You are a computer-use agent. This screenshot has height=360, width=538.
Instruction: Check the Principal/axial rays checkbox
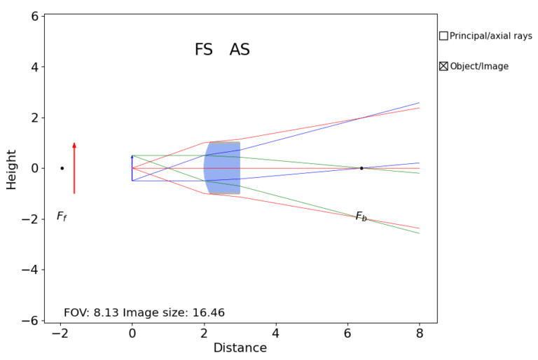(443, 36)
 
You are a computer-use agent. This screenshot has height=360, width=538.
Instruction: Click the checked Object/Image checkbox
(443, 67)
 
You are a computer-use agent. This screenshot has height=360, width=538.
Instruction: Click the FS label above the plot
(203, 50)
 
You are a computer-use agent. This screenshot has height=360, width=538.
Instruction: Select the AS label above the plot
(240, 50)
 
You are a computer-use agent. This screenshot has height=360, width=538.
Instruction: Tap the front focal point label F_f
(62, 216)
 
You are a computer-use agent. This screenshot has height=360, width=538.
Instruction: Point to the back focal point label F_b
(361, 216)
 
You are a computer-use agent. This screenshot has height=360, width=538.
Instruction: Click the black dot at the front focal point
(62, 168)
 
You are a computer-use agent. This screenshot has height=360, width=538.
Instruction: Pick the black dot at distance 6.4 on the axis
(361, 168)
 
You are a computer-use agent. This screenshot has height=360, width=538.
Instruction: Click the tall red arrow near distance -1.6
(74, 168)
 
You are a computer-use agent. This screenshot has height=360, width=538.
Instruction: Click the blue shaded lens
(223, 168)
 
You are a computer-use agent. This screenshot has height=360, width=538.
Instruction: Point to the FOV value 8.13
(106, 313)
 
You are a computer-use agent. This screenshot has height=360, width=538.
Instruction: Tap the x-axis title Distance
(240, 348)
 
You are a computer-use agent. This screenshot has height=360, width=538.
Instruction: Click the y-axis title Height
(11, 168)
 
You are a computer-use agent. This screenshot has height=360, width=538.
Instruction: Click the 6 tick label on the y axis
(33, 16)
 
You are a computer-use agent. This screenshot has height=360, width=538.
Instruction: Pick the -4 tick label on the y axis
(29, 270)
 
